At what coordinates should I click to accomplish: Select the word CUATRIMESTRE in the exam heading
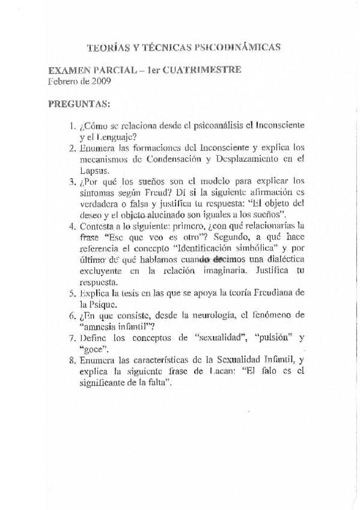click(x=206, y=70)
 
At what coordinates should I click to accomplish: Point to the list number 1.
click(x=71, y=127)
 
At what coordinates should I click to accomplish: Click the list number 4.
click(x=71, y=226)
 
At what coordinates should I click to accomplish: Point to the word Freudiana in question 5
click(x=274, y=293)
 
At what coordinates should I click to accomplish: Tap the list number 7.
click(x=71, y=337)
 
